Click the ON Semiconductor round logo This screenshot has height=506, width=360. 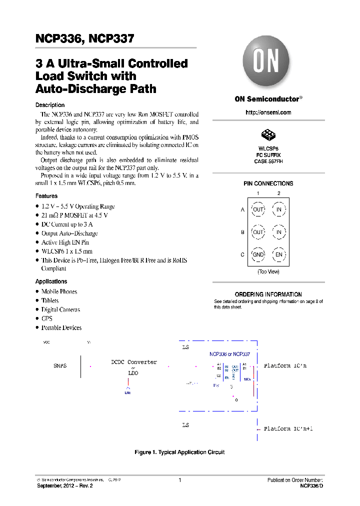pyautogui.click(x=266, y=62)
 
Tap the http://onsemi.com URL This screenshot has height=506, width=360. pyautogui.click(x=268, y=112)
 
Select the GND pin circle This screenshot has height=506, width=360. pyautogui.click(x=258, y=254)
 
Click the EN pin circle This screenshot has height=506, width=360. pyautogui.click(x=279, y=254)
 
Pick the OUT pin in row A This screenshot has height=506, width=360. pyautogui.click(x=258, y=209)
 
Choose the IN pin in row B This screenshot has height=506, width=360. pyautogui.click(x=279, y=232)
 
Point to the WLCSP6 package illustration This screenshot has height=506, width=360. pyautogui.click(x=268, y=135)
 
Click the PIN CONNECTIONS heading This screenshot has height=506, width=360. pyautogui.click(x=268, y=183)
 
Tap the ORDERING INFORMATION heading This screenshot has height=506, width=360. pyautogui.click(x=268, y=294)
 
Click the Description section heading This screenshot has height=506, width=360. pyautogui.click(x=50, y=105)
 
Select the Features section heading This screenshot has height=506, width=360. pyautogui.click(x=46, y=196)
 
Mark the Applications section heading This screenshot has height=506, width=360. pyautogui.click(x=51, y=281)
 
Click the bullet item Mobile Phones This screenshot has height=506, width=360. pyautogui.click(x=59, y=291)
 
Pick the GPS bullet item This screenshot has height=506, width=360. pyautogui.click(x=46, y=318)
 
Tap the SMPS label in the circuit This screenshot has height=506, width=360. pyautogui.click(x=59, y=366)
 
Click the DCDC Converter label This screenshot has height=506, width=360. pyautogui.click(x=133, y=362)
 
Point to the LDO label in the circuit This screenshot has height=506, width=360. pyautogui.click(x=133, y=373)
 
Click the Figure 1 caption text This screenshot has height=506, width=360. pyautogui.click(x=179, y=452)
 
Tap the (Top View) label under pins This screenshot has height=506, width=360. pyautogui.click(x=268, y=271)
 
